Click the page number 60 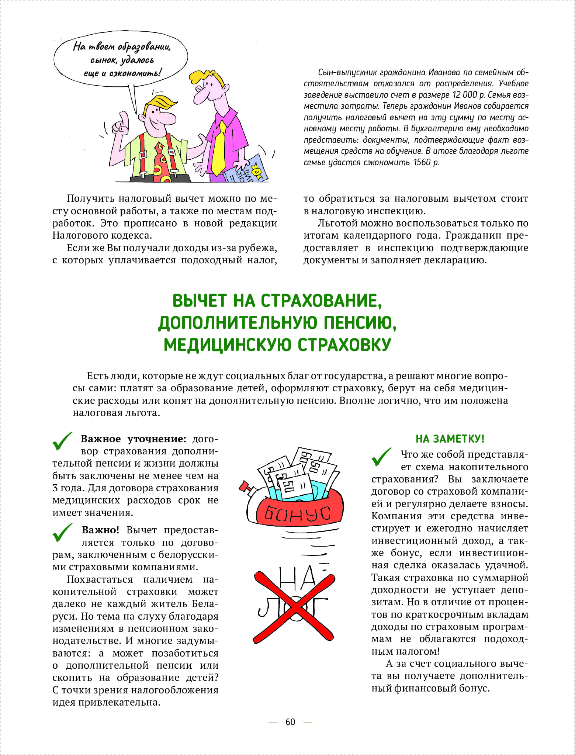point(290,722)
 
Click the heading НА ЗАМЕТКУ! point(450,439)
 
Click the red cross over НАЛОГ point(294,607)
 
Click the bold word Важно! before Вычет point(100,530)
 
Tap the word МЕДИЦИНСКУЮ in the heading point(229,345)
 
